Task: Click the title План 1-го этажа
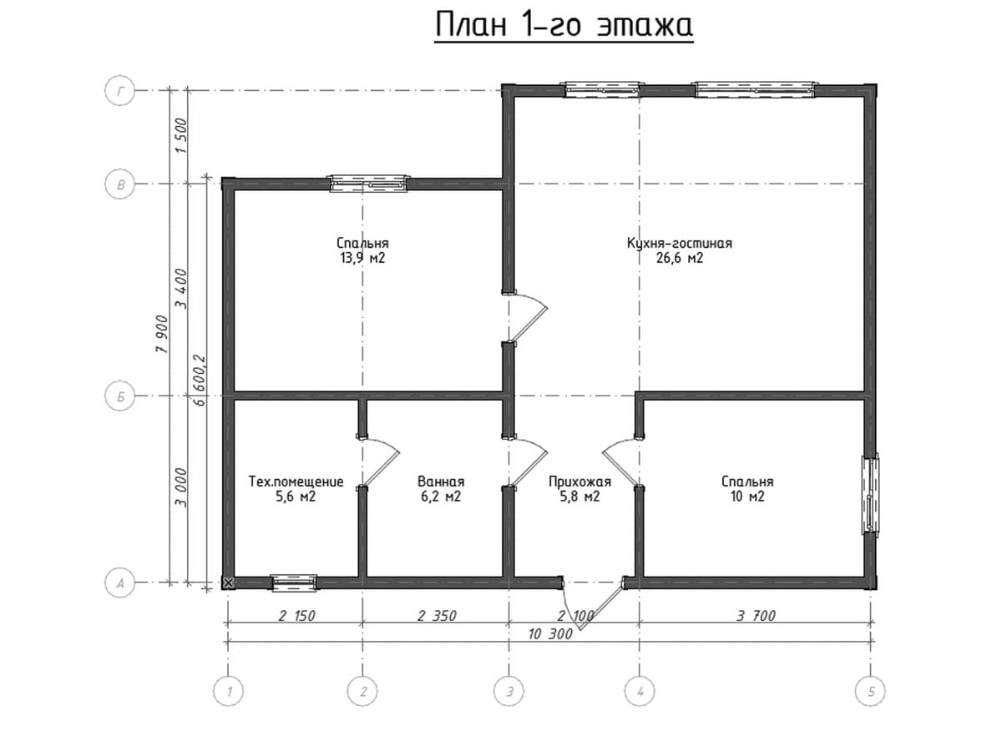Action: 564,25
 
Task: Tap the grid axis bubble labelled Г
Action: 120,91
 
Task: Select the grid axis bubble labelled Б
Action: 120,396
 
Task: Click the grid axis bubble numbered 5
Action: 870,692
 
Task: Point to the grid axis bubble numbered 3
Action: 509,692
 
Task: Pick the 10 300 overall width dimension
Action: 550,634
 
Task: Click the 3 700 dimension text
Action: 756,616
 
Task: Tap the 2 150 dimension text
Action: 296,616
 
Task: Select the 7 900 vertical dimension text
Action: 162,335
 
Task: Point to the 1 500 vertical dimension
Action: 181,135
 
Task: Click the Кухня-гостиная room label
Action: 680,243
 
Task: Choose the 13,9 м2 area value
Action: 362,259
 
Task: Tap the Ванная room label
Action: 441,481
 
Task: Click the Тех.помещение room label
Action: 296,481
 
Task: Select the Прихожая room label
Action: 580,481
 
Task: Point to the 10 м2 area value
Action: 747,497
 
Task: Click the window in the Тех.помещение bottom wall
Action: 294,582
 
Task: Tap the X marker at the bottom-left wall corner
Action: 228,582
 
